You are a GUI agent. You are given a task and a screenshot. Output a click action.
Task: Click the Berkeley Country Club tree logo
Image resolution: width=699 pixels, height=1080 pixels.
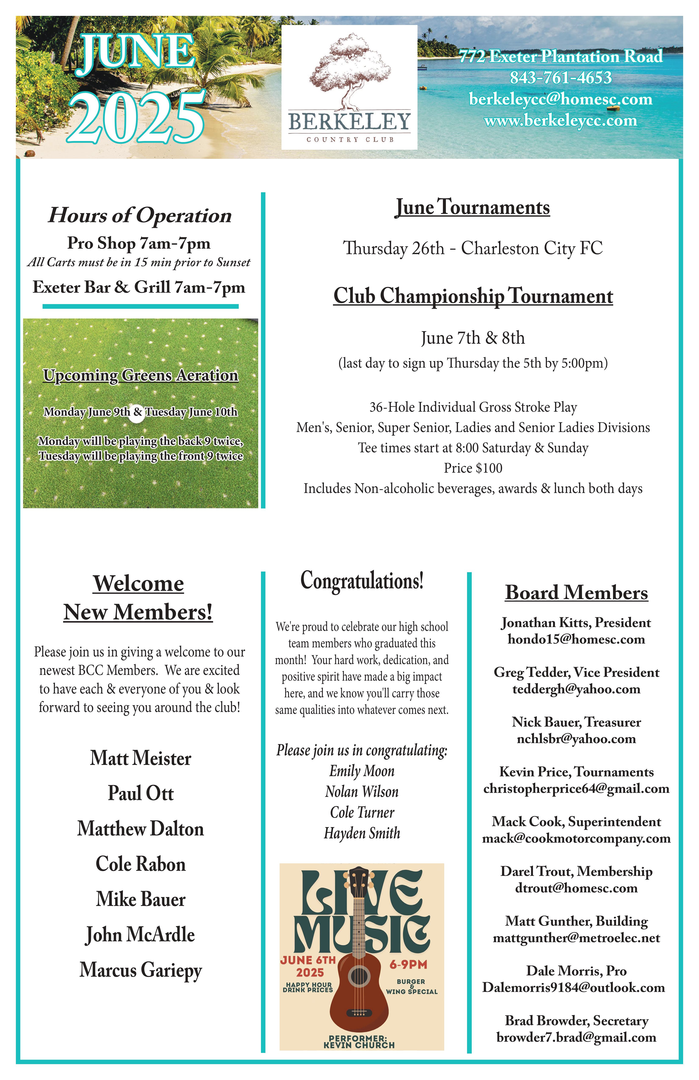pos(349,73)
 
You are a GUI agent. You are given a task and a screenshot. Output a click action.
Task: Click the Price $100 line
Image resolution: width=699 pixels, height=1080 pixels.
pos(473,468)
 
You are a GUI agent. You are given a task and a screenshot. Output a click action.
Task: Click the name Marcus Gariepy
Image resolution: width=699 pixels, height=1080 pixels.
pos(141,970)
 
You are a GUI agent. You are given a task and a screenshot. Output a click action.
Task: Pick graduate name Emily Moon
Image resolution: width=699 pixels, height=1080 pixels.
pos(362,771)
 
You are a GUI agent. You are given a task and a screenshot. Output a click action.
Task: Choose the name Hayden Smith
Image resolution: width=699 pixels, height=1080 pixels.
pos(362,833)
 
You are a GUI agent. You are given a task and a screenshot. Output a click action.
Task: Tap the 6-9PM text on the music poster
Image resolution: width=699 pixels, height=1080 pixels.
pos(408,964)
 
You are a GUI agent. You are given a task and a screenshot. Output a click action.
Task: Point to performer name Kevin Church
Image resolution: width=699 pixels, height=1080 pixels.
pos(359,1045)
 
